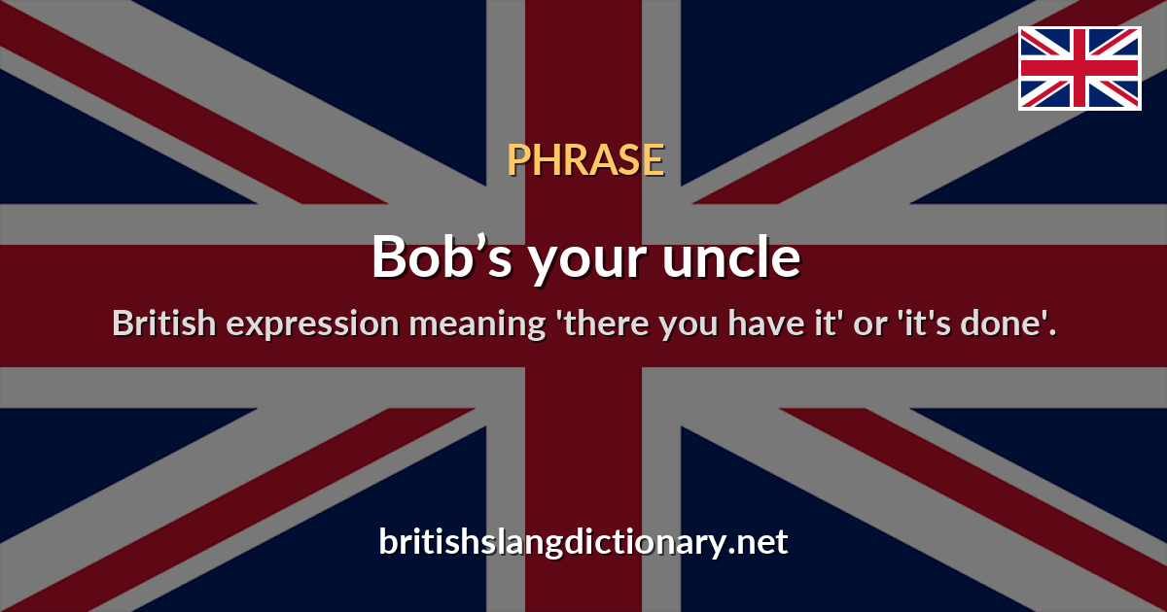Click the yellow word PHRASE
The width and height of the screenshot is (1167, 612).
click(x=585, y=160)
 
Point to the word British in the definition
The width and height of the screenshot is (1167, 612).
click(x=161, y=323)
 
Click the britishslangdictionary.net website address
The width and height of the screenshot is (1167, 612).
click(x=583, y=541)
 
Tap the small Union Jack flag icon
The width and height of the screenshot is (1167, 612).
click(x=1079, y=68)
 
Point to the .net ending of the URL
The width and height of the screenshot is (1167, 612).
click(x=759, y=541)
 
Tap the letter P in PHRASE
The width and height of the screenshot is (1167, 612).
click(x=516, y=160)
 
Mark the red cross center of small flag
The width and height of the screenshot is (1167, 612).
click(x=1079, y=68)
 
